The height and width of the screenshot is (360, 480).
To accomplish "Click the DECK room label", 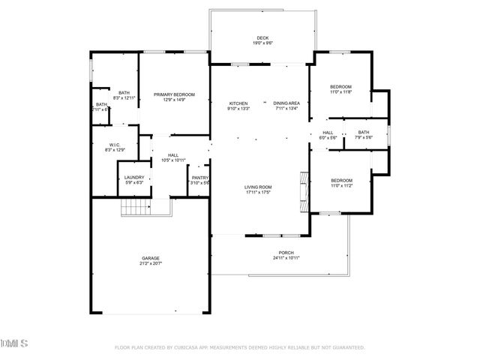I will coord(262,37).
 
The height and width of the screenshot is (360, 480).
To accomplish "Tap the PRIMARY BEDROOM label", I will coord(174,94).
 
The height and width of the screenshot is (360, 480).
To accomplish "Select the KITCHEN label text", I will coord(238,103).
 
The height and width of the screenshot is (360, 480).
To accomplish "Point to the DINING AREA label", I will coord(286,103).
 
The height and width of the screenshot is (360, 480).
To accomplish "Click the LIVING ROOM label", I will coord(257,187).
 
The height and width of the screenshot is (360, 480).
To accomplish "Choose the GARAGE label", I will coord(151,259).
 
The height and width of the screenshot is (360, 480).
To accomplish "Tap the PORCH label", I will coord(286,253).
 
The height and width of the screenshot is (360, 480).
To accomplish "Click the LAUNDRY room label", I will coord(134,178).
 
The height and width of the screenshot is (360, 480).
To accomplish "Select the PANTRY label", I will coord(199,178).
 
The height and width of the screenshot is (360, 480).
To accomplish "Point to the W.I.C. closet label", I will coord(114,145).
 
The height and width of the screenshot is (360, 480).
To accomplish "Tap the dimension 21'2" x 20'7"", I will coord(151,264).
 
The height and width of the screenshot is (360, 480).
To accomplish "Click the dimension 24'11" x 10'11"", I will coord(286,258).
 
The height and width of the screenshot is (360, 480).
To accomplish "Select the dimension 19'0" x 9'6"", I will coord(262,43).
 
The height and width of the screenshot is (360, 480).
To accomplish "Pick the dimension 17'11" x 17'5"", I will coord(257,192).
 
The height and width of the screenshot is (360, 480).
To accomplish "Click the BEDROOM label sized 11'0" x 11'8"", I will coord(340,87).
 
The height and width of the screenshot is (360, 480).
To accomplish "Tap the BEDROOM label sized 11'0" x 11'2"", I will coord(341,180).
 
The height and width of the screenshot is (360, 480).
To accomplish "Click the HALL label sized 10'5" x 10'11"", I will coord(173,155).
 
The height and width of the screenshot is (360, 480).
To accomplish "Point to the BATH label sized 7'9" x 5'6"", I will coord(363,133).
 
